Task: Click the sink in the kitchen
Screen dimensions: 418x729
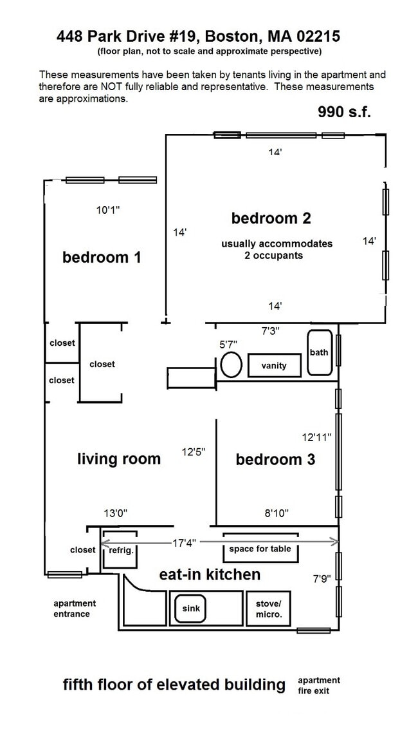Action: click(190, 609)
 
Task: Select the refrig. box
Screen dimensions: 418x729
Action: click(120, 549)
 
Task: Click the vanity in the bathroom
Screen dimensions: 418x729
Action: click(275, 365)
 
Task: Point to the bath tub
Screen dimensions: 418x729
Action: click(320, 352)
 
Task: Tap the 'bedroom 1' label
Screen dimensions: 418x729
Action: click(102, 257)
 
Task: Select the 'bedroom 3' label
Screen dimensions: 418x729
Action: click(275, 459)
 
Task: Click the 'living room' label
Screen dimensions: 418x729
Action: click(119, 459)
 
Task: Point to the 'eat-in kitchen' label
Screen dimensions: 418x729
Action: click(210, 574)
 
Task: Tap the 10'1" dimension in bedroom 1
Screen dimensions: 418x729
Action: click(108, 210)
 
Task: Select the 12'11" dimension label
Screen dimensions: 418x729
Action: click(317, 437)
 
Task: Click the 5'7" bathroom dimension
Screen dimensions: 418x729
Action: click(228, 345)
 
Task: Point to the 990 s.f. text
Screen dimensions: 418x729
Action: click(344, 112)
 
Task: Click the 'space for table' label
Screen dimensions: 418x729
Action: click(260, 549)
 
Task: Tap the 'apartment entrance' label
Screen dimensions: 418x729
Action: click(75, 609)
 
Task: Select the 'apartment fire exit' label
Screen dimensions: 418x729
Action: click(319, 685)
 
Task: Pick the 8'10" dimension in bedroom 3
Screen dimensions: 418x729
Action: click(277, 513)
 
